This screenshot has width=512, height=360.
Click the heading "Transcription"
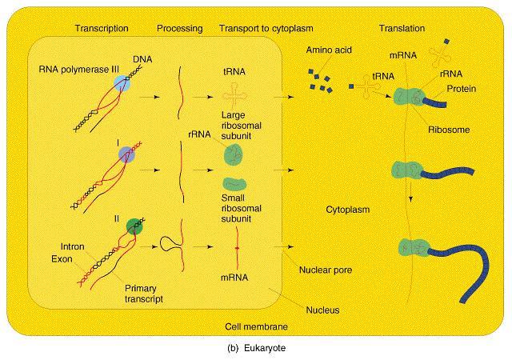102,29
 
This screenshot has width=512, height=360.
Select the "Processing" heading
179,29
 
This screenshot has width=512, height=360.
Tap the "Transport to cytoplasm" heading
266,29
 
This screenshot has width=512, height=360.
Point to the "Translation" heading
402,29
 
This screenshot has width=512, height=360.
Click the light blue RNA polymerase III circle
122,83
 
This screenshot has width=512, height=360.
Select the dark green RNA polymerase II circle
134,226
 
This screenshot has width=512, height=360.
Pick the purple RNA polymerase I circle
126,155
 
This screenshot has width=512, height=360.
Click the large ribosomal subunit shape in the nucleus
234,155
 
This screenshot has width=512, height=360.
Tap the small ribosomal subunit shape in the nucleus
234,184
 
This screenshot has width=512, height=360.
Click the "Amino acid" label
329,50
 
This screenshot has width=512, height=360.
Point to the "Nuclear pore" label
326,270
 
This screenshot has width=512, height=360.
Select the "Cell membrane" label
256,326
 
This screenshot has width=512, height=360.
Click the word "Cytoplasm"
348,210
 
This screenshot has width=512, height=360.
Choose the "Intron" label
73,246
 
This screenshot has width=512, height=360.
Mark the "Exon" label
62,259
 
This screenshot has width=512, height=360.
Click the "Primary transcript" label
144,294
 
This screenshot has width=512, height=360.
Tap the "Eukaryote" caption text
265,348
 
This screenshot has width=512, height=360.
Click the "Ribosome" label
449,130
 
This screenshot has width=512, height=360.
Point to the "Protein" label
462,89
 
